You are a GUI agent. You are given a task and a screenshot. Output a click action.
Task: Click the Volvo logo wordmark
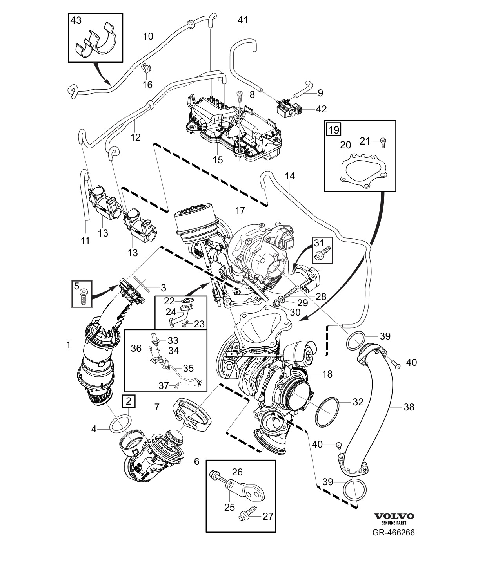click(393, 516)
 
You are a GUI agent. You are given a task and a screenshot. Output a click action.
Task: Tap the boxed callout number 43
click(76, 20)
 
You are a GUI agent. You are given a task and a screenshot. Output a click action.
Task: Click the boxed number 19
click(334, 130)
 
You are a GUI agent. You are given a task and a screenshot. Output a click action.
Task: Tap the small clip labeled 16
click(147, 70)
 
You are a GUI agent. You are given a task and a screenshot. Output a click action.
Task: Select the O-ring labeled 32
click(327, 412)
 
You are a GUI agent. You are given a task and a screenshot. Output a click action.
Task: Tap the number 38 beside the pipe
click(409, 407)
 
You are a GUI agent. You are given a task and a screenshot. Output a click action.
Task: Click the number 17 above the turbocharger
click(240, 211)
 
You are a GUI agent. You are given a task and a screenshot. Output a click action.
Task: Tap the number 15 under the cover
click(217, 160)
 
